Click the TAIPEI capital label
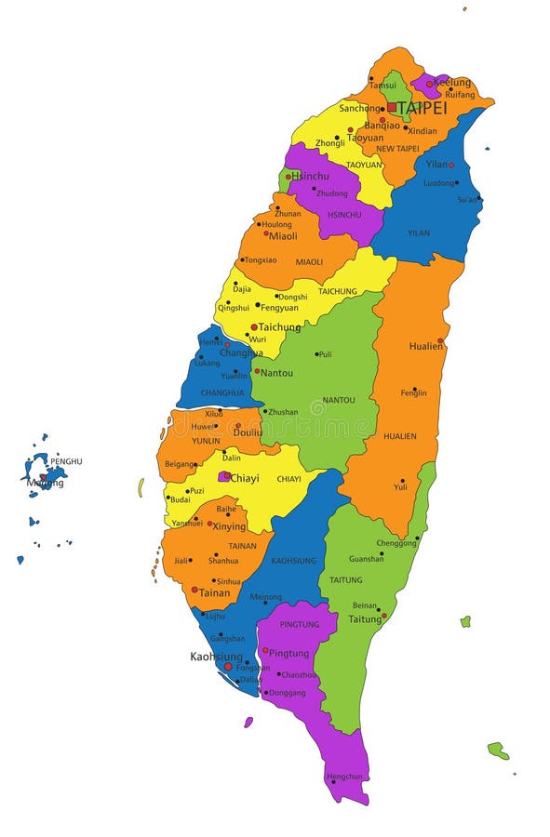click(x=423, y=108)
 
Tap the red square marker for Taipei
click(x=392, y=108)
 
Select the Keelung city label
click(x=452, y=83)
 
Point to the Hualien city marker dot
click(x=440, y=340)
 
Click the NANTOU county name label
click(x=338, y=400)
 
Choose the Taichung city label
click(x=279, y=327)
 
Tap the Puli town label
click(x=324, y=354)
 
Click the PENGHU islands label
click(x=66, y=461)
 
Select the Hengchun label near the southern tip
click(x=343, y=776)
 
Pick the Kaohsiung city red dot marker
click(x=228, y=666)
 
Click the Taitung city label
click(x=365, y=618)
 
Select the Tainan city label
click(x=214, y=592)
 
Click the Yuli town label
click(x=400, y=486)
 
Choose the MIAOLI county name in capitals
click(x=309, y=262)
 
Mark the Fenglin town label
click(x=413, y=393)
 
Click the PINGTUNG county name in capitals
click(x=299, y=624)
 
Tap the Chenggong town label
click(x=396, y=543)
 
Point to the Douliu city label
click(x=248, y=432)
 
